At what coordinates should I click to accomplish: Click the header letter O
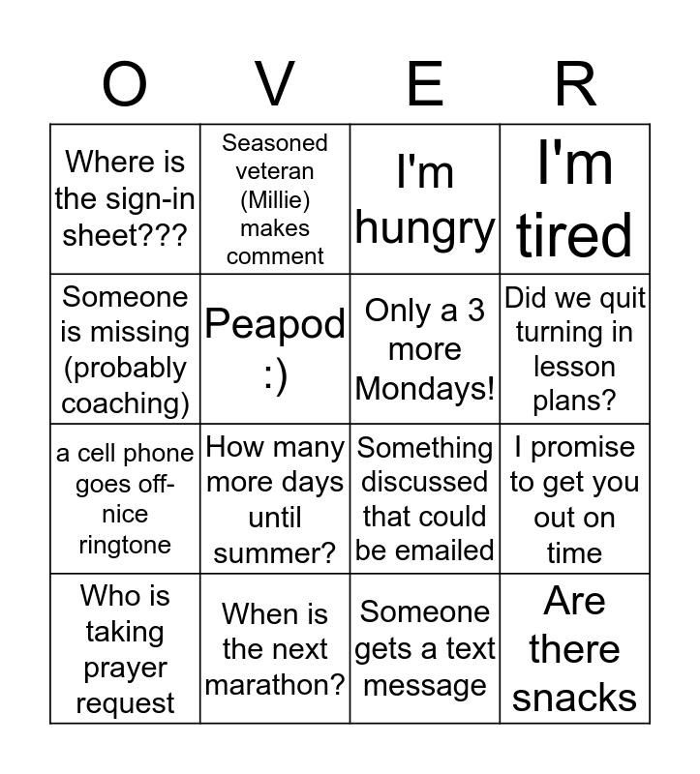(125, 84)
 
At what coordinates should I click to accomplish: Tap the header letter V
(275, 84)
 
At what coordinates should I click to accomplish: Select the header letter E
(425, 84)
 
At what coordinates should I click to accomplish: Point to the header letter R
(575, 84)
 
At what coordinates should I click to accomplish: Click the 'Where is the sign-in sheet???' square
(125, 198)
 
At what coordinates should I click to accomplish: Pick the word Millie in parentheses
(275, 200)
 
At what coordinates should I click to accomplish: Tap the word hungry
(425, 228)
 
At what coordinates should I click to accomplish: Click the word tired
(575, 235)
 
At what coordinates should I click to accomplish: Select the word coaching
(125, 403)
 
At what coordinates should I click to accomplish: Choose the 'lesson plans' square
(575, 349)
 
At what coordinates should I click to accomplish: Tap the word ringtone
(125, 545)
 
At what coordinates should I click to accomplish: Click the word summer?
(275, 553)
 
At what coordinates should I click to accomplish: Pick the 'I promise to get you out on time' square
(575, 499)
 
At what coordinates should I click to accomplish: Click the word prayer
(125, 668)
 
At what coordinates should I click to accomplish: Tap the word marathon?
(275, 685)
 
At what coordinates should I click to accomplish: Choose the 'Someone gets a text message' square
(425, 648)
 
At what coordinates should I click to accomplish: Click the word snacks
(575, 697)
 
